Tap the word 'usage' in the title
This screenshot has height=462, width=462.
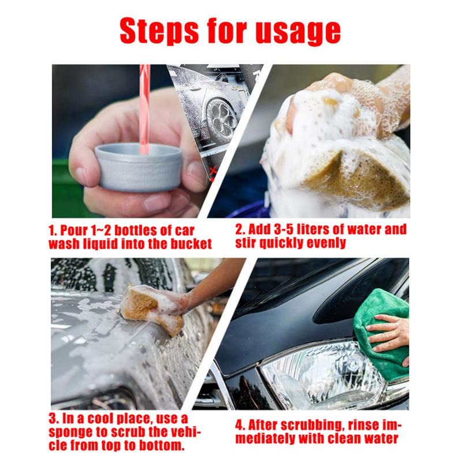[x=300, y=32]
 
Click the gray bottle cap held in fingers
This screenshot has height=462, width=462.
[x=138, y=167]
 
